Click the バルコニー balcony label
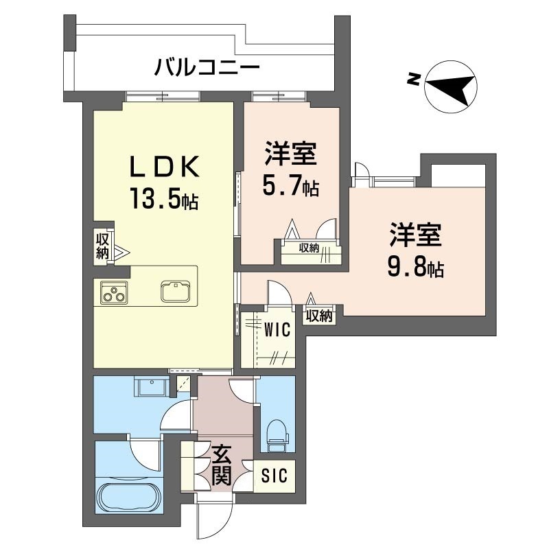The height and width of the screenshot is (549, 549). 207,68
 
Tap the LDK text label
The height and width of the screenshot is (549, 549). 165,166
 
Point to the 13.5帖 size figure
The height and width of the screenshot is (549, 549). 164,198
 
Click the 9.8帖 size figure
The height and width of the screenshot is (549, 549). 416,267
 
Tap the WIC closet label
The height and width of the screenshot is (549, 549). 277,329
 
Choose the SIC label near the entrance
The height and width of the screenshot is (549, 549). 274,476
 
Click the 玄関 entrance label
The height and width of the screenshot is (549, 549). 222,465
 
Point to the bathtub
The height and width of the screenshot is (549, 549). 130,498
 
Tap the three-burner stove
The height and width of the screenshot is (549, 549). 114,292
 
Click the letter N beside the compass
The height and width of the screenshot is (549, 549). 414,79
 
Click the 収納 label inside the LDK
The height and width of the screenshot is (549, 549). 102,246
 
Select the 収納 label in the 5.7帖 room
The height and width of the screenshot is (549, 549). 309,248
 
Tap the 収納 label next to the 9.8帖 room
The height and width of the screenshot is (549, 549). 319,316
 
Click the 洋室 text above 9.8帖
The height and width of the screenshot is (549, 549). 416,234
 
